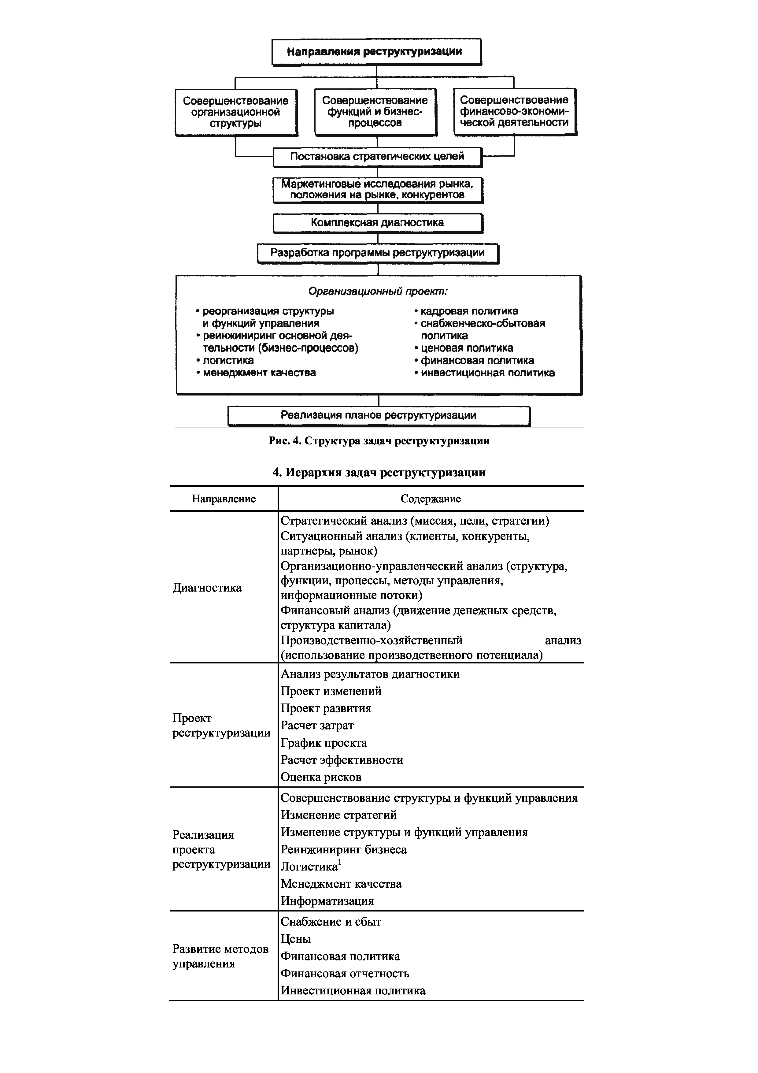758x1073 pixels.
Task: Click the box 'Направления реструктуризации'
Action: pyautogui.click(x=376, y=51)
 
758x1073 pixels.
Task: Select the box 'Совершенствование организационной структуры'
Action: pyautogui.click(x=235, y=112)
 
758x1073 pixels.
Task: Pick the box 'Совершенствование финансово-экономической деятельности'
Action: pyautogui.click(x=514, y=111)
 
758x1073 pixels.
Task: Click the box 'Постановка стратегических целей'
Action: pyautogui.click(x=377, y=157)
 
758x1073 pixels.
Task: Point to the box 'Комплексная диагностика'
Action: pyautogui.click(x=377, y=223)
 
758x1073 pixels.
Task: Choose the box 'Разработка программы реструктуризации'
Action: pyautogui.click(x=377, y=253)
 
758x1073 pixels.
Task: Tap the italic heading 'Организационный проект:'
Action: pyautogui.click(x=377, y=291)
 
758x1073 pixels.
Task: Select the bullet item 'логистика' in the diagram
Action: pyautogui.click(x=228, y=360)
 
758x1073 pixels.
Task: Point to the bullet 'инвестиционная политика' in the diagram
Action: pyautogui.click(x=487, y=373)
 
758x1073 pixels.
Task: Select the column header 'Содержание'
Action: pyautogui.click(x=430, y=499)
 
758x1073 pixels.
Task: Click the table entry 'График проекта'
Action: pyautogui.click(x=324, y=743)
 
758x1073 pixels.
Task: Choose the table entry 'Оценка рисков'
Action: pyautogui.click(x=321, y=777)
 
